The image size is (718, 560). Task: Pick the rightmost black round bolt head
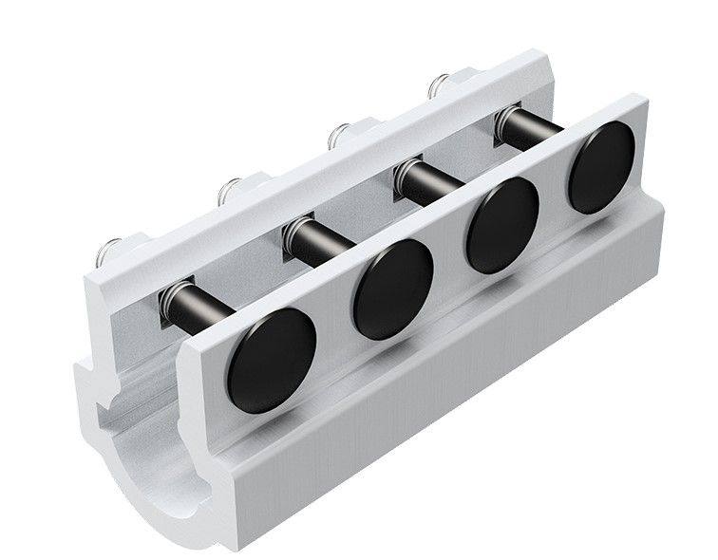coord(601,167)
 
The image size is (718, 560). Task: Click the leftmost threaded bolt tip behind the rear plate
coord(110,250)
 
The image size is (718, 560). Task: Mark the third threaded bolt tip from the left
coord(340,136)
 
